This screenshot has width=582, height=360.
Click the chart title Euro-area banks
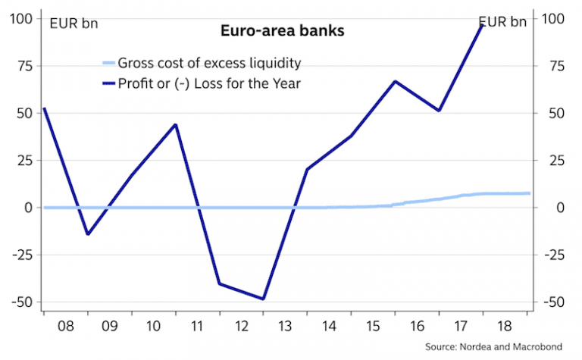(x=282, y=32)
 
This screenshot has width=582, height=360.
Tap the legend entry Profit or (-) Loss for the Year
(x=209, y=83)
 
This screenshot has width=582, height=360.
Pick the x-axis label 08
(x=65, y=327)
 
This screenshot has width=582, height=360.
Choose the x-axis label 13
(x=286, y=327)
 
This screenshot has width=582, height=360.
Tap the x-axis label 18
(x=505, y=327)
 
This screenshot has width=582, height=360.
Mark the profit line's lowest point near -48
(x=264, y=299)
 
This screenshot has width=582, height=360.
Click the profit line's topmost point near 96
(x=483, y=25)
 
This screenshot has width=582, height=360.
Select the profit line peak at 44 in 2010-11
(x=176, y=124)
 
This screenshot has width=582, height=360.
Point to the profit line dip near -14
(x=88, y=234)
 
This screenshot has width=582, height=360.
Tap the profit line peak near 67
(x=395, y=81)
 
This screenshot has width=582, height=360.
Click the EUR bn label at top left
(x=74, y=22)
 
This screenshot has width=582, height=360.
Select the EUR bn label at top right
(x=502, y=22)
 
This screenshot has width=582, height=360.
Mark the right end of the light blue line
(x=528, y=193)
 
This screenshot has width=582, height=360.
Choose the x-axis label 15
(x=374, y=327)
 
